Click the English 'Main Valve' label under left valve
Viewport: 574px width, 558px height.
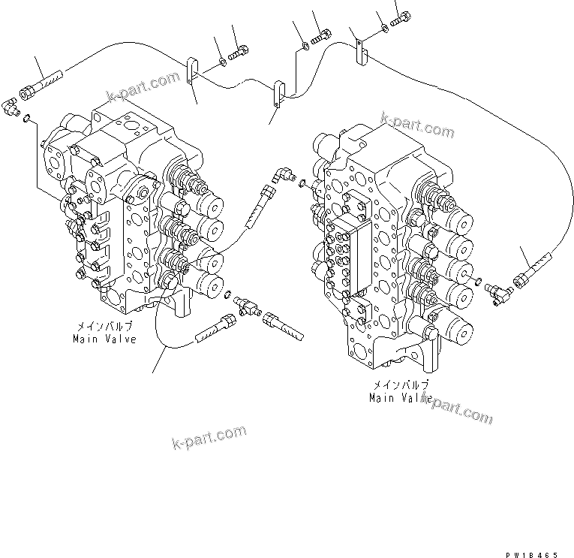(x=104, y=339)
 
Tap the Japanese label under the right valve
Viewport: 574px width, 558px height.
(x=400, y=385)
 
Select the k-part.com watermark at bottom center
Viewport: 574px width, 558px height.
(x=209, y=436)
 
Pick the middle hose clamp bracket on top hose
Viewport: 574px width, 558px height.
(x=279, y=93)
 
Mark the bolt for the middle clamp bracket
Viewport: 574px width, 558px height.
(x=325, y=34)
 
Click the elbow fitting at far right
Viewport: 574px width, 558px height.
(x=495, y=288)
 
